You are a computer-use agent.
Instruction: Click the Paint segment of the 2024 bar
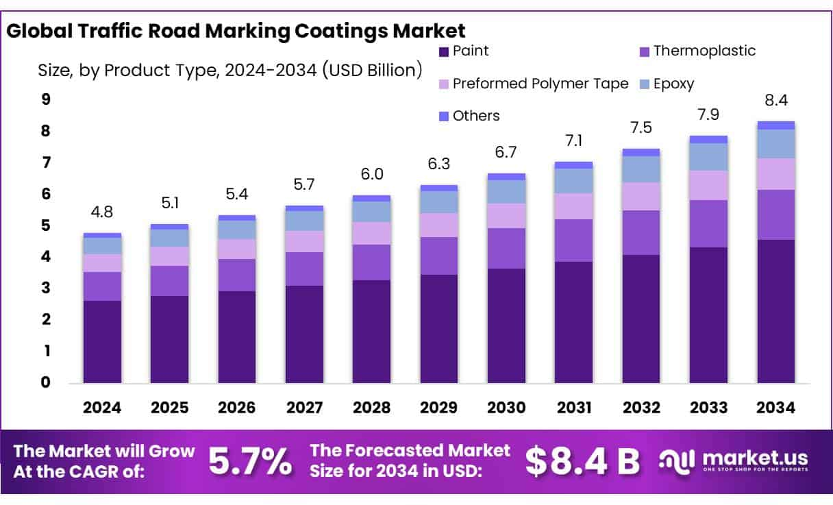click(x=102, y=341)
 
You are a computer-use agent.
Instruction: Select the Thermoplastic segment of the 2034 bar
click(x=775, y=214)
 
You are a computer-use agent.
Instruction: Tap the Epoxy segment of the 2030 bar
click(x=506, y=192)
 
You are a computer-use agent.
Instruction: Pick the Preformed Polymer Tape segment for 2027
click(x=304, y=241)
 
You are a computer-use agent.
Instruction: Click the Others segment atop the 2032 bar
click(x=641, y=152)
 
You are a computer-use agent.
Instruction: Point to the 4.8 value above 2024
click(x=102, y=212)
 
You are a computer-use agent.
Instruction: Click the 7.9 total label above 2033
click(x=708, y=114)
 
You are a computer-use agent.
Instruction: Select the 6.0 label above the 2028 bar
click(x=371, y=174)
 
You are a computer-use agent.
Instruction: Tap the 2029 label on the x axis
click(x=439, y=408)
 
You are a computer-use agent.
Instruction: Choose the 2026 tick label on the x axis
click(x=237, y=408)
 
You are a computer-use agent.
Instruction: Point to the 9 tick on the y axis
click(x=46, y=99)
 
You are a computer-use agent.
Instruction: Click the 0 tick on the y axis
click(x=46, y=382)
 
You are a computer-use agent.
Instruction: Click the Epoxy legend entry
click(x=673, y=84)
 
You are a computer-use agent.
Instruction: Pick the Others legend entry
click(x=476, y=116)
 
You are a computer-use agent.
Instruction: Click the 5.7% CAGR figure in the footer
click(x=249, y=461)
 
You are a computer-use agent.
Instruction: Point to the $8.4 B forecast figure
click(x=582, y=461)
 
